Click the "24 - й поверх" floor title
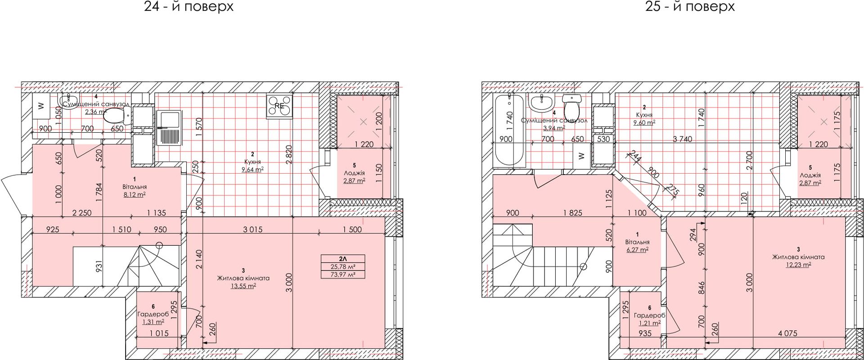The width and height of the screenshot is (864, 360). coord(189,7)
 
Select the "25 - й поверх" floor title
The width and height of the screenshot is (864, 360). coord(690,7)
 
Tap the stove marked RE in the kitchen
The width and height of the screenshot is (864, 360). coord(279,106)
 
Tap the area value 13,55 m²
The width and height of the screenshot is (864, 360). coord(243,286)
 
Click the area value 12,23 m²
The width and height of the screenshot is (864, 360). coord(798,265)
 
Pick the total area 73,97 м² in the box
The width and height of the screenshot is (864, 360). coord(343,274)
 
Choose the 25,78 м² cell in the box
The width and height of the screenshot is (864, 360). coord(343,266)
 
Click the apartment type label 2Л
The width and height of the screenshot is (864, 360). coord(343,259)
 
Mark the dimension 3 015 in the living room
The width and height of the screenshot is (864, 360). coord(252,229)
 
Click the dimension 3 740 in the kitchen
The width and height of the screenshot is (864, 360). coord(682,139)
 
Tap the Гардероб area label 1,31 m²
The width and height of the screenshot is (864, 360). coord(153,322)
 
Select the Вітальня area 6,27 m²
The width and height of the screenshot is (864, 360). coord(637,249)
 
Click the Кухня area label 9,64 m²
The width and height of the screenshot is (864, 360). coord(252,170)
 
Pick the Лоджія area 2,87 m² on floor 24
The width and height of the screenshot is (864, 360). coord(354,180)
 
